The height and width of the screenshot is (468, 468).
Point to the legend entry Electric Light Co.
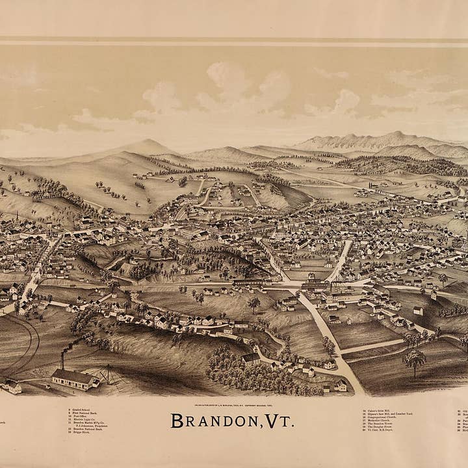82,419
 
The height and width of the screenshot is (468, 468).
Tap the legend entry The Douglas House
380,426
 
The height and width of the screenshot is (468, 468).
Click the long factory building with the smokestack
75,379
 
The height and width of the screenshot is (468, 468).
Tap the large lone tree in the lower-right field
414,359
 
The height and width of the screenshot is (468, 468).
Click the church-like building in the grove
251,359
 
